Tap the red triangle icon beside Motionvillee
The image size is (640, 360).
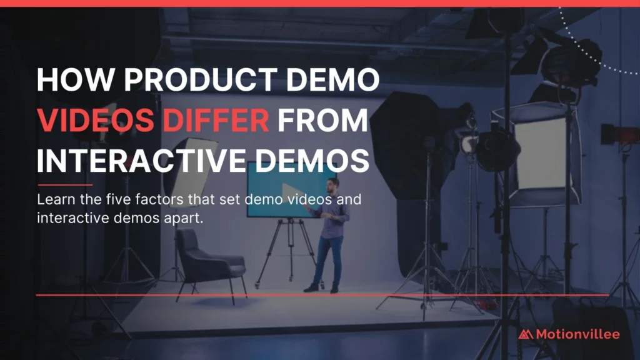coord(526,334)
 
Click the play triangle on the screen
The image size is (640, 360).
coord(289,190)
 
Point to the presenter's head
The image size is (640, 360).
coord(333,184)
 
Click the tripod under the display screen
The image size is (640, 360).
coord(289,247)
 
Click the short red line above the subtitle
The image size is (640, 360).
coord(64,185)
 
